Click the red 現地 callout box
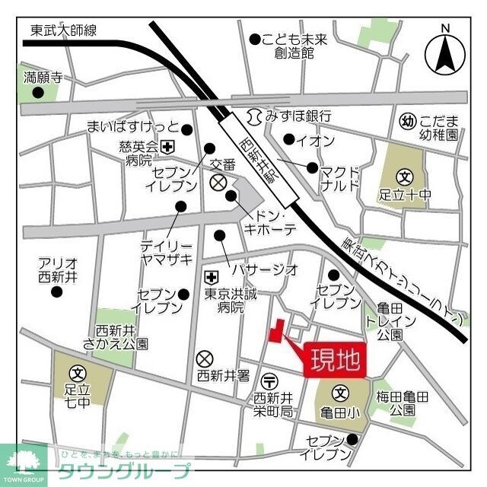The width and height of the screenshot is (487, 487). point(336,359)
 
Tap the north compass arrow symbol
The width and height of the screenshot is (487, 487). point(445,51)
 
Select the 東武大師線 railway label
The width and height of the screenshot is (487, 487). point(64,31)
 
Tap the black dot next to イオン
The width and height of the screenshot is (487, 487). point(288,139)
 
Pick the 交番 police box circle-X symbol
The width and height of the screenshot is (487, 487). point(218,182)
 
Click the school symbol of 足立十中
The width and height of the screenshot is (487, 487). point(405,177)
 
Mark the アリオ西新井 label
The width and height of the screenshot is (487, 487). point(58,269)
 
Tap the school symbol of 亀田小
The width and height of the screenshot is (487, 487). point(340,393)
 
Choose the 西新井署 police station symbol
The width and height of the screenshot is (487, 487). point(204,358)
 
